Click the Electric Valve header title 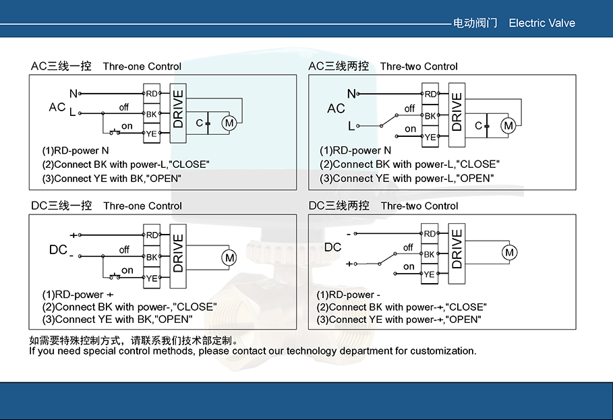pyautogui.click(x=542, y=23)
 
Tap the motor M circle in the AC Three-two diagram pyautogui.click(x=508, y=125)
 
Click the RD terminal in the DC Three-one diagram pyautogui.click(x=152, y=235)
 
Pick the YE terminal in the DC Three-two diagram pyautogui.click(x=430, y=274)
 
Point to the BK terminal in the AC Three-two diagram pyautogui.click(x=430, y=116)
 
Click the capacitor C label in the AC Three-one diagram pyautogui.click(x=200, y=123)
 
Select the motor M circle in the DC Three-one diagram pyautogui.click(x=229, y=258)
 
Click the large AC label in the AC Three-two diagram pyautogui.click(x=336, y=109)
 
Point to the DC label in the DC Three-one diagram pyautogui.click(x=58, y=250)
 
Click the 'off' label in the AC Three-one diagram pyautogui.click(x=123, y=107)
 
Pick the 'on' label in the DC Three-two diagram pyautogui.click(x=409, y=267)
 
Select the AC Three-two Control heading pyautogui.click(x=383, y=66)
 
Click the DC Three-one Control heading pyautogui.click(x=107, y=206)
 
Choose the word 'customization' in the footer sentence pyautogui.click(x=442, y=351)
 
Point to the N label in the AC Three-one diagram pyautogui.click(x=73, y=93)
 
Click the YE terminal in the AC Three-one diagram pyautogui.click(x=152, y=134)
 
